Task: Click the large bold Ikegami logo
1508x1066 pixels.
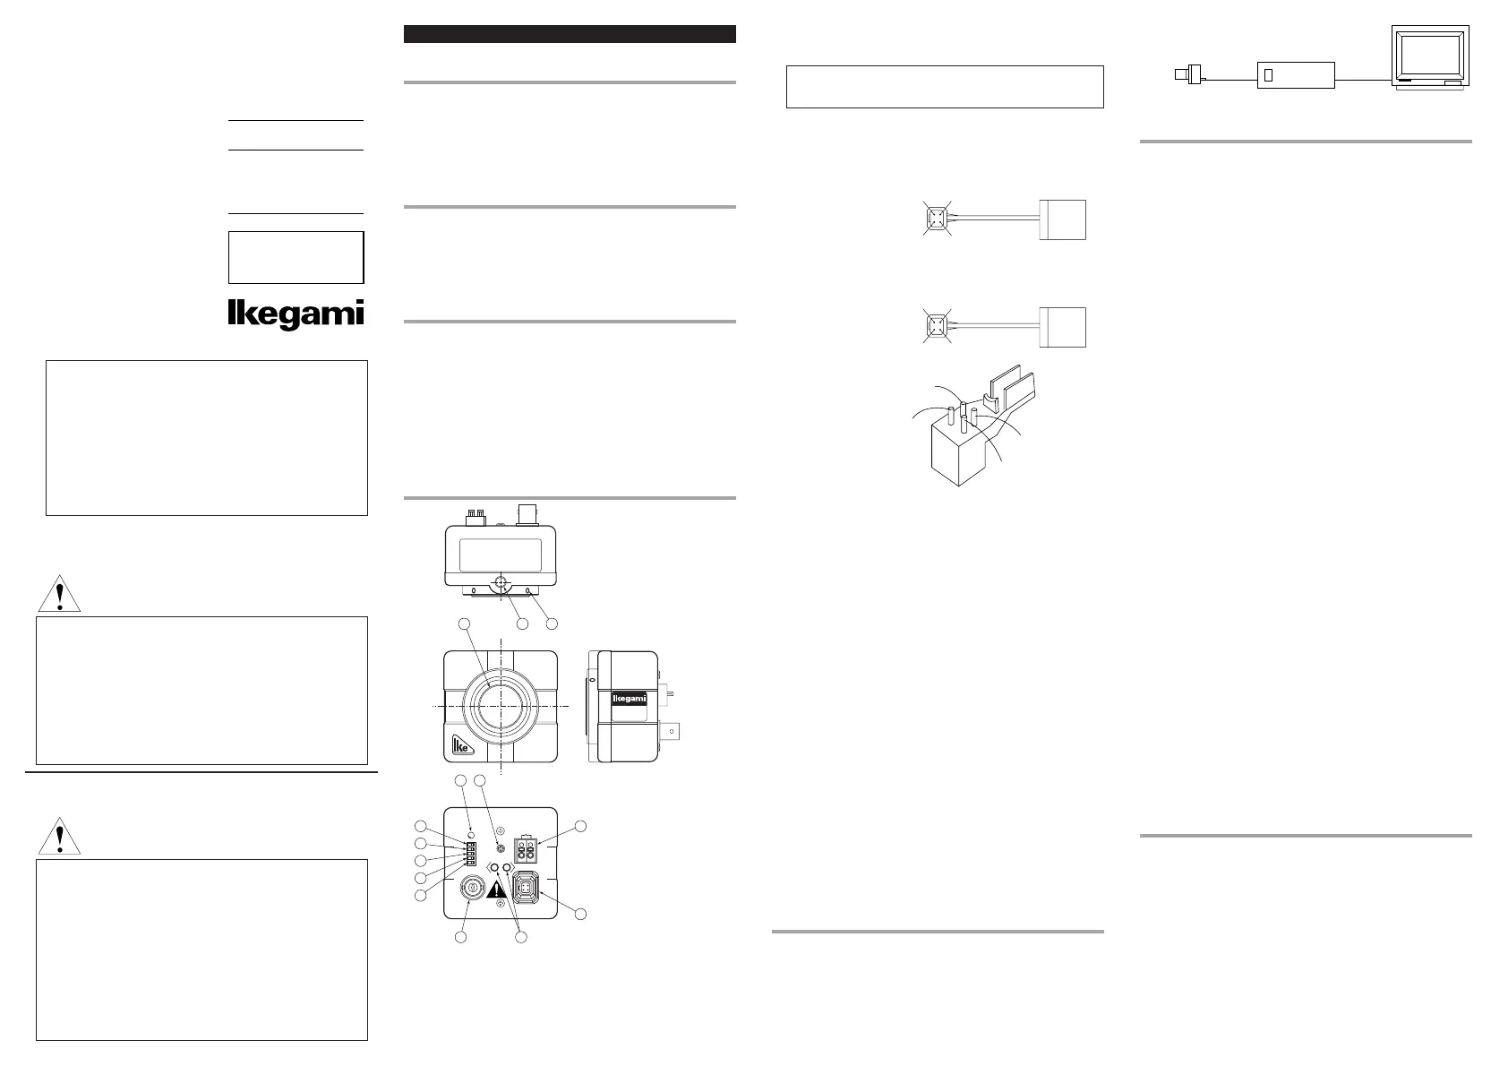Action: point(296,314)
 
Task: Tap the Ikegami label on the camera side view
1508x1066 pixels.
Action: point(629,699)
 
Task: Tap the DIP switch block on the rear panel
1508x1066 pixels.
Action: point(471,853)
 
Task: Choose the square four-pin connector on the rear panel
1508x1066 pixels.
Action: point(526,890)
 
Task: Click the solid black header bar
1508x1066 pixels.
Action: point(570,34)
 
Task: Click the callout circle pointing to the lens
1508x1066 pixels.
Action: point(464,623)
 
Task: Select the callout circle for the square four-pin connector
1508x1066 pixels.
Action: point(581,914)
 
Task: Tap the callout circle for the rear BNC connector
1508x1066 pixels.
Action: point(460,937)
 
